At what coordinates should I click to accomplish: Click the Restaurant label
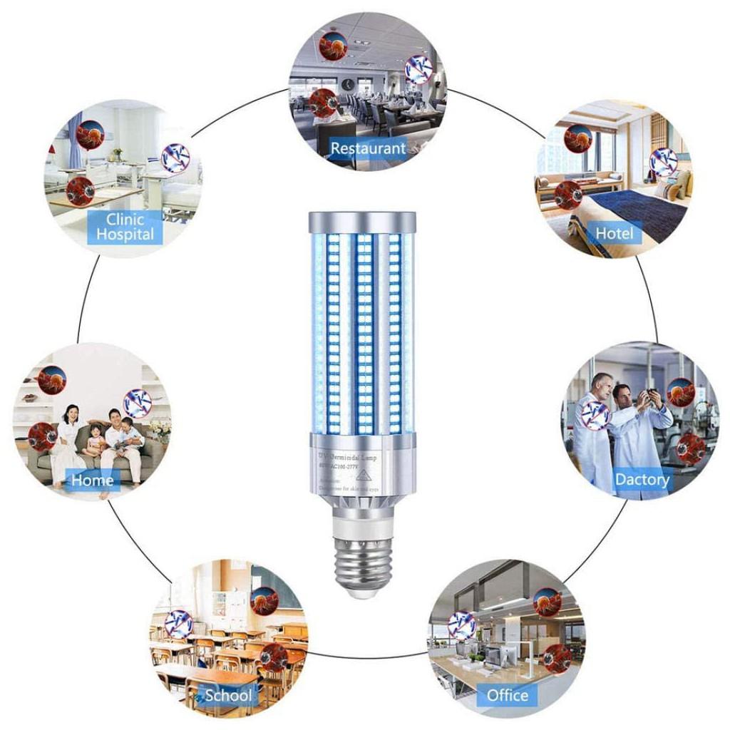[368, 148]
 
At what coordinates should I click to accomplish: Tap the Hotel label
[614, 233]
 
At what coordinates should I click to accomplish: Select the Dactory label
[642, 479]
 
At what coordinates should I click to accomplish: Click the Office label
[508, 695]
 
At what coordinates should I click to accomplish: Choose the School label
[228, 695]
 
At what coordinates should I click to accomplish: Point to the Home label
[92, 480]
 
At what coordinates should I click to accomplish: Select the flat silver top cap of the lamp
[362, 217]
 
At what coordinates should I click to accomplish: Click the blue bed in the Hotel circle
[627, 207]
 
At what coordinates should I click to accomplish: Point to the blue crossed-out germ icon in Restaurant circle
[418, 69]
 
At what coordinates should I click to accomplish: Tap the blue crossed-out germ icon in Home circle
[137, 404]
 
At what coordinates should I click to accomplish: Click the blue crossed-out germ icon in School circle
[178, 623]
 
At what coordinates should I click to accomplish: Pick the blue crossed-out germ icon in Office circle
[461, 625]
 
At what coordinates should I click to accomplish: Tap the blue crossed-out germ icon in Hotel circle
[664, 162]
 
